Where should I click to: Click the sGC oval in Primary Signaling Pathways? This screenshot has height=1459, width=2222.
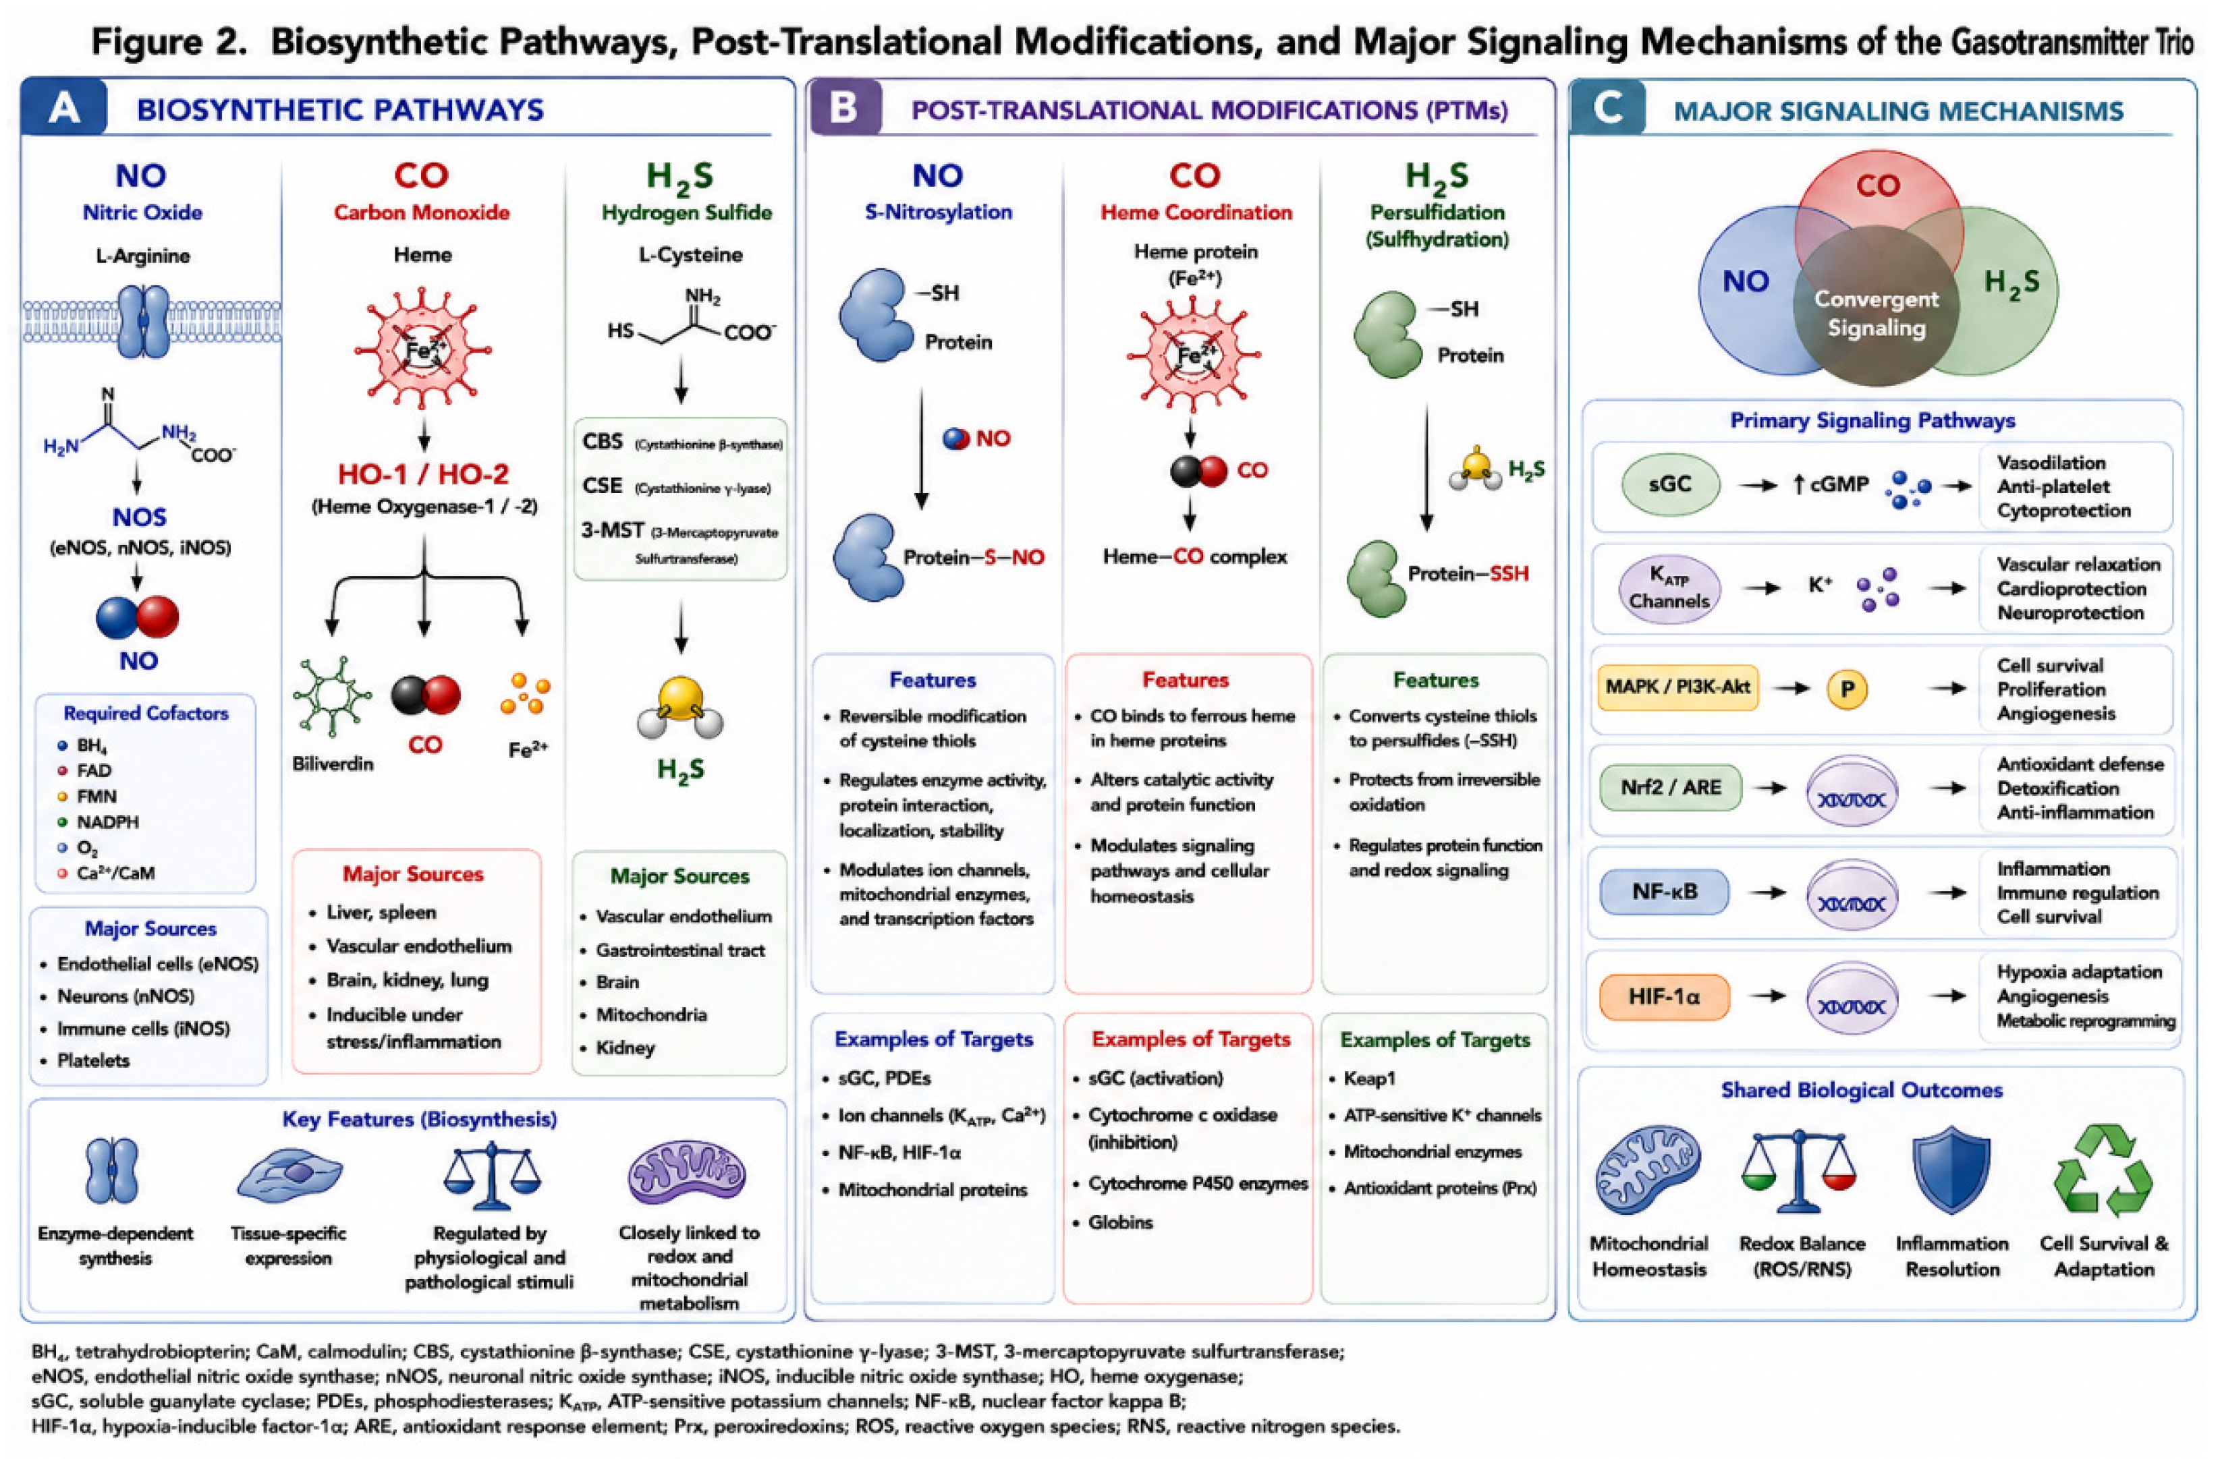pos(1670,484)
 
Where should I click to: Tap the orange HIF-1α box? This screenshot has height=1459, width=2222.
pos(1665,997)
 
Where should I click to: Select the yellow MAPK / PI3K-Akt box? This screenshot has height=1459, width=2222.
pos(1677,688)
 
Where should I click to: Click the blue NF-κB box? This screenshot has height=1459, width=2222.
pos(1665,892)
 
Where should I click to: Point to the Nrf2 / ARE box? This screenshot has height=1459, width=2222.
pos(1670,788)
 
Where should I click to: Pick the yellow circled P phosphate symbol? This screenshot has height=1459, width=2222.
pos(1847,689)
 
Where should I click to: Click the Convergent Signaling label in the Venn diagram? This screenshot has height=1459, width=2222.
pos(1876,314)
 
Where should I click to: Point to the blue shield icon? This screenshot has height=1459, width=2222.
pos(1951,1169)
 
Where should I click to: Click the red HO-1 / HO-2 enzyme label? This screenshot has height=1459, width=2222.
pos(423,475)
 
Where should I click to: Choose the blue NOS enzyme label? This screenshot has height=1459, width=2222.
pos(139,518)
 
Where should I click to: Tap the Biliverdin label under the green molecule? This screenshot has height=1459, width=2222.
pos(333,764)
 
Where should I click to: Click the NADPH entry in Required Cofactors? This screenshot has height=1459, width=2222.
pos(107,822)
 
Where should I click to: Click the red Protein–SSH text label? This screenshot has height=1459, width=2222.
pos(1468,573)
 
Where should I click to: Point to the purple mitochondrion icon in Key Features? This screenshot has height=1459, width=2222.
pos(687,1172)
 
